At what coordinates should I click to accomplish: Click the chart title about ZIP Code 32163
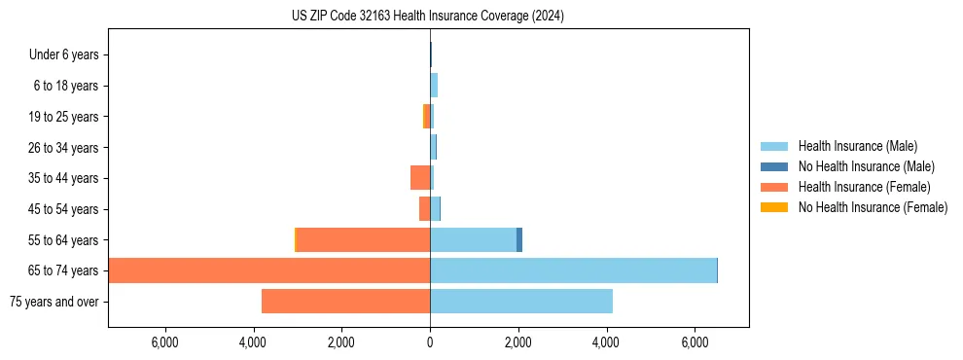click(427, 16)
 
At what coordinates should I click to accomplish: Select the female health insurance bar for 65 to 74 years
click(269, 270)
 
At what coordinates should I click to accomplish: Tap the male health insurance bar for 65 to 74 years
click(573, 270)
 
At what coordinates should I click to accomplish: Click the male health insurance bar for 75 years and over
click(521, 302)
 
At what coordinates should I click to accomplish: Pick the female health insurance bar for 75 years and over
click(345, 302)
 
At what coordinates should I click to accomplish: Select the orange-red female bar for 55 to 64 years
click(363, 240)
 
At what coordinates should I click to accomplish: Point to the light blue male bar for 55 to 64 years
click(473, 240)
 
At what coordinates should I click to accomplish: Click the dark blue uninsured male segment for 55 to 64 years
click(519, 240)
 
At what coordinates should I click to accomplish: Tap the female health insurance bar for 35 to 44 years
click(420, 178)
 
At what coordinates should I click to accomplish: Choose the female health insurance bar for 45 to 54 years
click(424, 209)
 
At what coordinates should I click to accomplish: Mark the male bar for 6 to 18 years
click(434, 86)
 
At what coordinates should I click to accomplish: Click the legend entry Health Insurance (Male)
click(857, 147)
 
